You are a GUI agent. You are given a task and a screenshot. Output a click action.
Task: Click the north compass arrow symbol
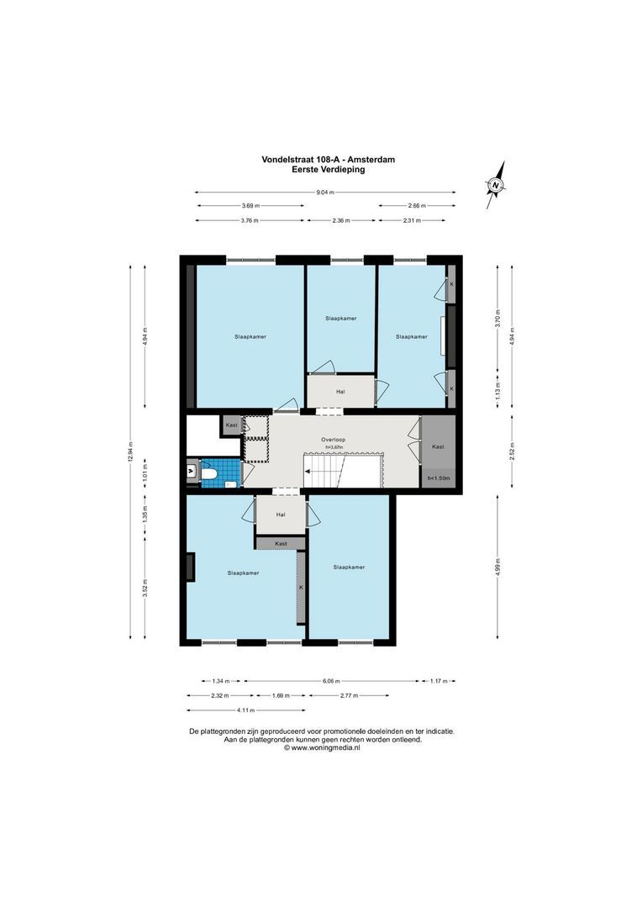click(496, 184)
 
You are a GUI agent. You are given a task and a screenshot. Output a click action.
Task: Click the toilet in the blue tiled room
click(209, 475)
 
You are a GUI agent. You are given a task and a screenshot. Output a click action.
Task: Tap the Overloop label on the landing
click(333, 440)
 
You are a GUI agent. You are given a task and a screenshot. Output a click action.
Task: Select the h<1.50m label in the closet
click(439, 478)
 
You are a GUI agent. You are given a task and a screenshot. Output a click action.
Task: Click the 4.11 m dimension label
click(221, 710)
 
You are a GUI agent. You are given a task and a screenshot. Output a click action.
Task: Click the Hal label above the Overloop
click(339, 391)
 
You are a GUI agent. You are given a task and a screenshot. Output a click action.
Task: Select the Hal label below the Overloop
click(281, 515)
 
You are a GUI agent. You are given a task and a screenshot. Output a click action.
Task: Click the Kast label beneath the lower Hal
click(281, 544)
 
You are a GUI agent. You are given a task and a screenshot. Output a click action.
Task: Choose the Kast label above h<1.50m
click(438, 447)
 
